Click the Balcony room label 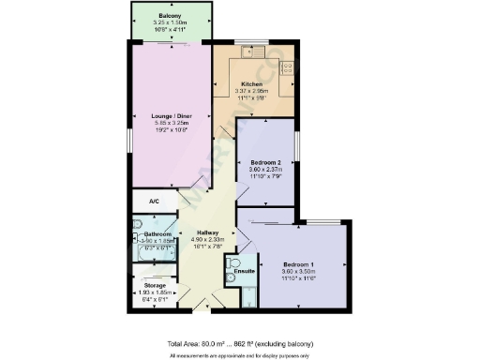[x=170, y=17]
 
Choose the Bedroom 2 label [x=266, y=162]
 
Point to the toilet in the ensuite [x=233, y=262]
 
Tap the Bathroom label [x=157, y=234]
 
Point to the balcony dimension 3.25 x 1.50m [x=170, y=23]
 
